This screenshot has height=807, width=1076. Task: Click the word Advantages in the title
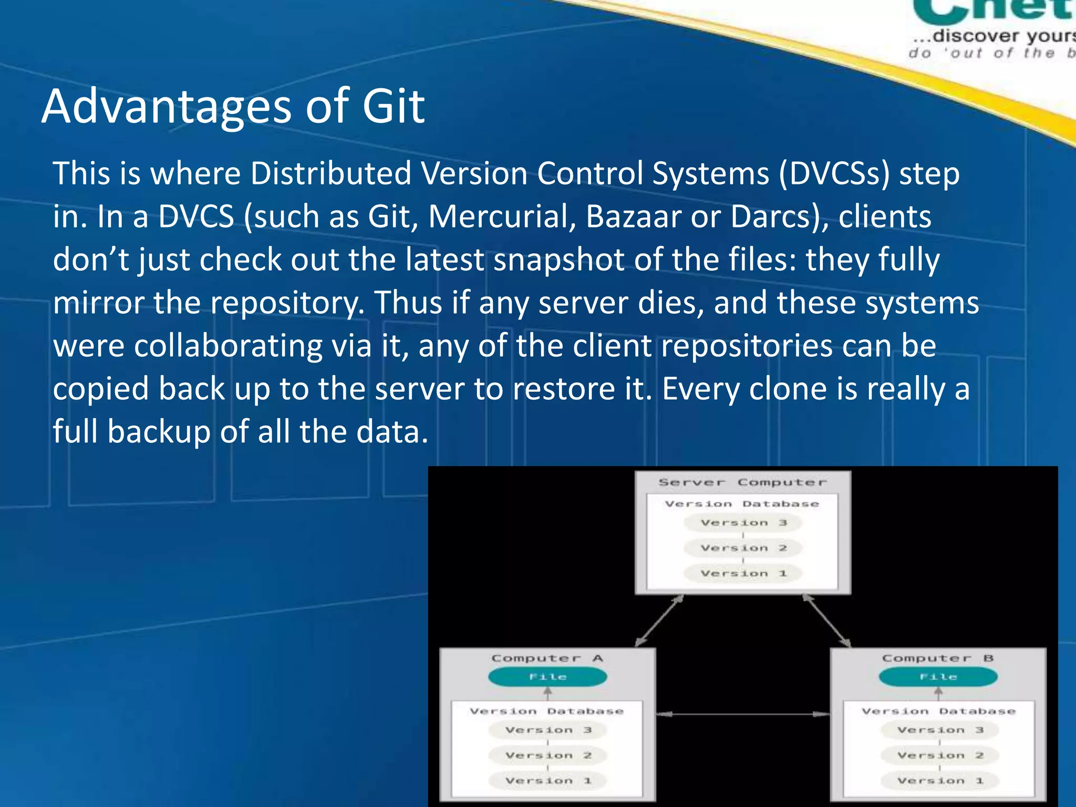166,108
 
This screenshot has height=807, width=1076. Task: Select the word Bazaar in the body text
633,216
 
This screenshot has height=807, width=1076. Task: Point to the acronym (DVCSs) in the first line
834,173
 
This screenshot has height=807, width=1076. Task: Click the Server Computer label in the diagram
742,482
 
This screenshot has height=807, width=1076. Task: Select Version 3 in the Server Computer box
743,523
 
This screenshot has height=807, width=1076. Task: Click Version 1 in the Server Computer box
743,573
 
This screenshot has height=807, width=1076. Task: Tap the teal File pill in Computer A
547,677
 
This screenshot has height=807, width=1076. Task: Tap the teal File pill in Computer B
938,677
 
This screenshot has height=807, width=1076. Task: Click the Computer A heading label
547,658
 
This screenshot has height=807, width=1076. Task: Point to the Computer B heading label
938,658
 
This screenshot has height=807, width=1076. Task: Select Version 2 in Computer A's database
548,756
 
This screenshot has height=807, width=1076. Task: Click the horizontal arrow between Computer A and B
743,714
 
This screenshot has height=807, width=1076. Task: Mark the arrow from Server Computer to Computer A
659,620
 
